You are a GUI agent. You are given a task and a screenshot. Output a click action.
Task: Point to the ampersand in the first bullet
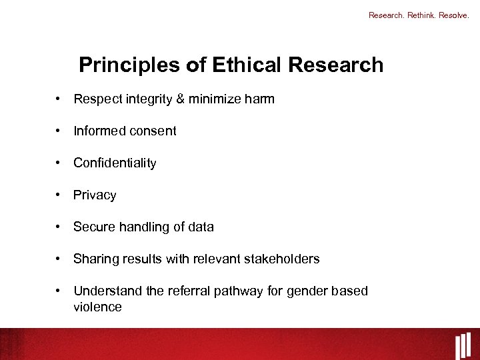point(180,99)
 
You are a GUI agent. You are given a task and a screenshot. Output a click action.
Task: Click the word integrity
point(149,99)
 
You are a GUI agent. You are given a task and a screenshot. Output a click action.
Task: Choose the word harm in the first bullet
point(261,99)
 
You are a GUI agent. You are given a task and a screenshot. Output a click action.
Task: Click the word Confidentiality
point(115,163)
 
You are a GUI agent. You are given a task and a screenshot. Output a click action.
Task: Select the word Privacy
point(95,195)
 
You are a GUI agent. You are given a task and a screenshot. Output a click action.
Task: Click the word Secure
point(94,227)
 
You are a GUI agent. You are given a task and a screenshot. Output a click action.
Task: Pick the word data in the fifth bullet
point(200,227)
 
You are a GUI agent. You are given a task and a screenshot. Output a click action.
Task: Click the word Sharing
point(95,259)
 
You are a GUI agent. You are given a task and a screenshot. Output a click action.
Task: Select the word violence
point(97,307)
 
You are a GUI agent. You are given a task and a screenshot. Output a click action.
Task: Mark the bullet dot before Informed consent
point(59,131)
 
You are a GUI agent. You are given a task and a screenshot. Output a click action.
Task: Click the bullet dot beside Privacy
point(59,195)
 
